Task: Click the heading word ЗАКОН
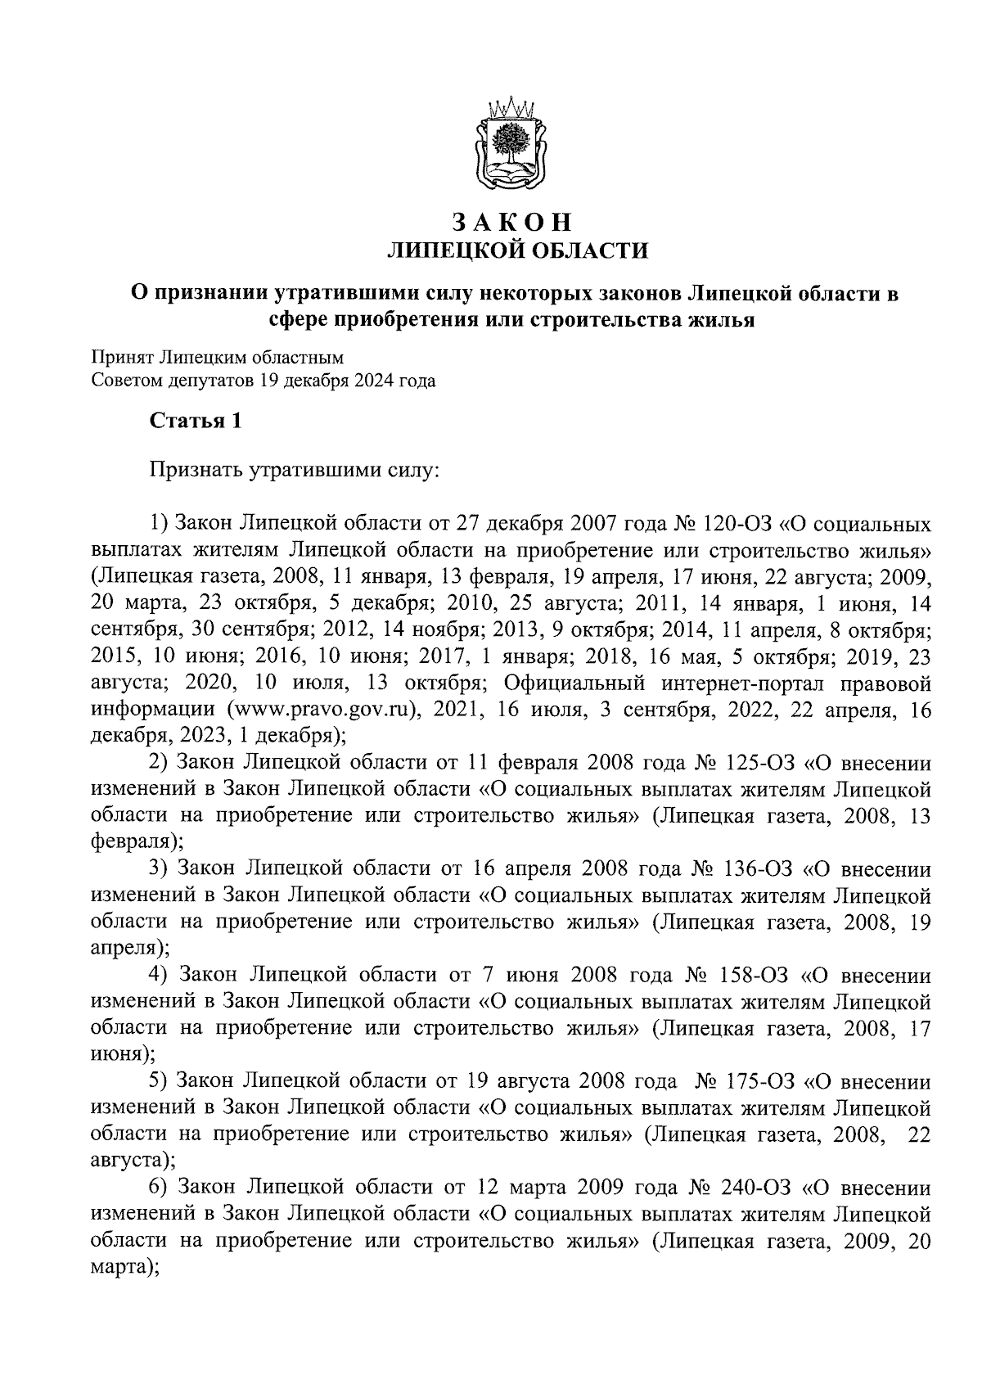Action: click(x=511, y=223)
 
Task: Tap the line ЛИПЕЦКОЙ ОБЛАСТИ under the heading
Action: click(x=516, y=250)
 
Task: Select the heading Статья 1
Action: click(x=196, y=422)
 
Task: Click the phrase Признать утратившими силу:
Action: click(x=295, y=471)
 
